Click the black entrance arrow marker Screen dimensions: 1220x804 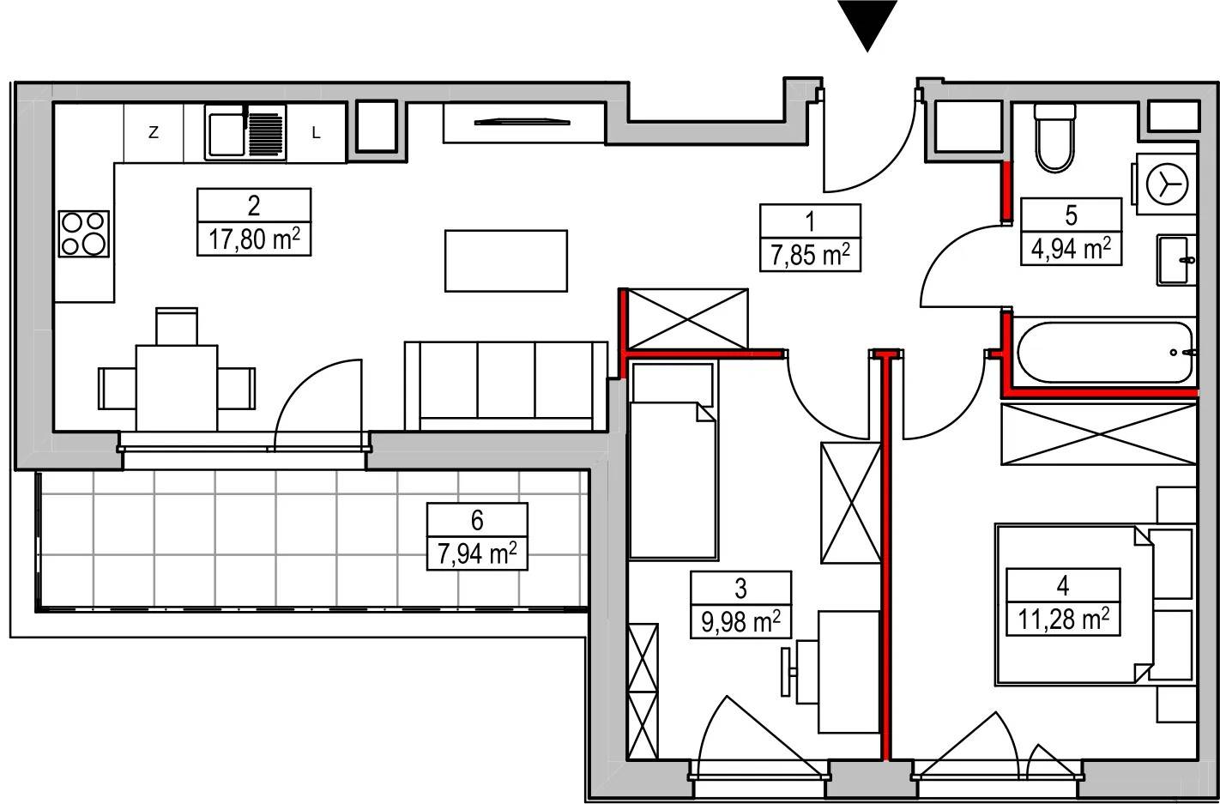point(867,25)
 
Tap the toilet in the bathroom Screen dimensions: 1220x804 point(1055,138)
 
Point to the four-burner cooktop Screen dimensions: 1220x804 point(84,233)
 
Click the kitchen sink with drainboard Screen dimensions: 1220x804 point(245,132)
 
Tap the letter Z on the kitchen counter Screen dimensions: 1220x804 point(154,132)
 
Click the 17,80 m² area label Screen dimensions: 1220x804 point(254,239)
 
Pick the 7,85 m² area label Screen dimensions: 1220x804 point(810,255)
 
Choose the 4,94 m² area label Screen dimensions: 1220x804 point(1071,249)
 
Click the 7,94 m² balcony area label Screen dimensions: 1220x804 point(477,554)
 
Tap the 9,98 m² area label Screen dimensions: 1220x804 point(740,621)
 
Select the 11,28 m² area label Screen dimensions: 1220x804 point(1063,620)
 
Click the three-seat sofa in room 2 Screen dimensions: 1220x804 point(506,386)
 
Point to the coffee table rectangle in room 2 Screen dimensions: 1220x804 point(506,261)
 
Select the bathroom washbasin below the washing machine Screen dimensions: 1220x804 point(1176,260)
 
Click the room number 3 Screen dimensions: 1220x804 point(740,589)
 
